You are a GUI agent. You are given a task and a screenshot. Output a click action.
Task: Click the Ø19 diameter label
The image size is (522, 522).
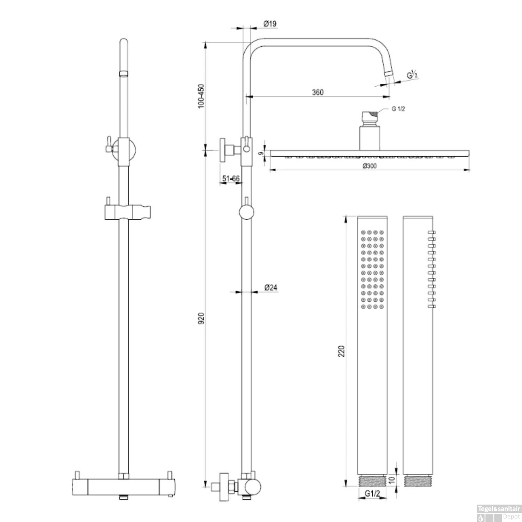pos(270,24)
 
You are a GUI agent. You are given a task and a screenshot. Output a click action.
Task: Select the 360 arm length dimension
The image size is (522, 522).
pos(318,92)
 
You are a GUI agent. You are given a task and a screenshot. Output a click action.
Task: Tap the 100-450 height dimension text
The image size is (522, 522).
pos(201,96)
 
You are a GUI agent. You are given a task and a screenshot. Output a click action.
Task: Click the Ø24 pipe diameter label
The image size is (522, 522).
pos(271,287)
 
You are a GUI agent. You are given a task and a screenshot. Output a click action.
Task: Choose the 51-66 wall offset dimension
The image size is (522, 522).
pos(231,179)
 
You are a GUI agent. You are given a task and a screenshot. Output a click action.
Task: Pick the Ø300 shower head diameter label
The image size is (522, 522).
pos(370,166)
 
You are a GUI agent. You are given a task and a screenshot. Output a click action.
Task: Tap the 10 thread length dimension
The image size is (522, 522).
pos(391,481)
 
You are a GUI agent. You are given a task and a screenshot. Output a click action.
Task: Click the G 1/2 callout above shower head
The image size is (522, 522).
pos(398,109)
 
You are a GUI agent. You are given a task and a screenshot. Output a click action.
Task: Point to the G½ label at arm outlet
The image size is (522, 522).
pos(412,75)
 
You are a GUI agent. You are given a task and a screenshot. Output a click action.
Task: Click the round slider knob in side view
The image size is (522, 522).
pos(247,212)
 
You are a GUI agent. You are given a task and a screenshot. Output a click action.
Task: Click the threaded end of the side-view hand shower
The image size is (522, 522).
pos(418,481)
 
